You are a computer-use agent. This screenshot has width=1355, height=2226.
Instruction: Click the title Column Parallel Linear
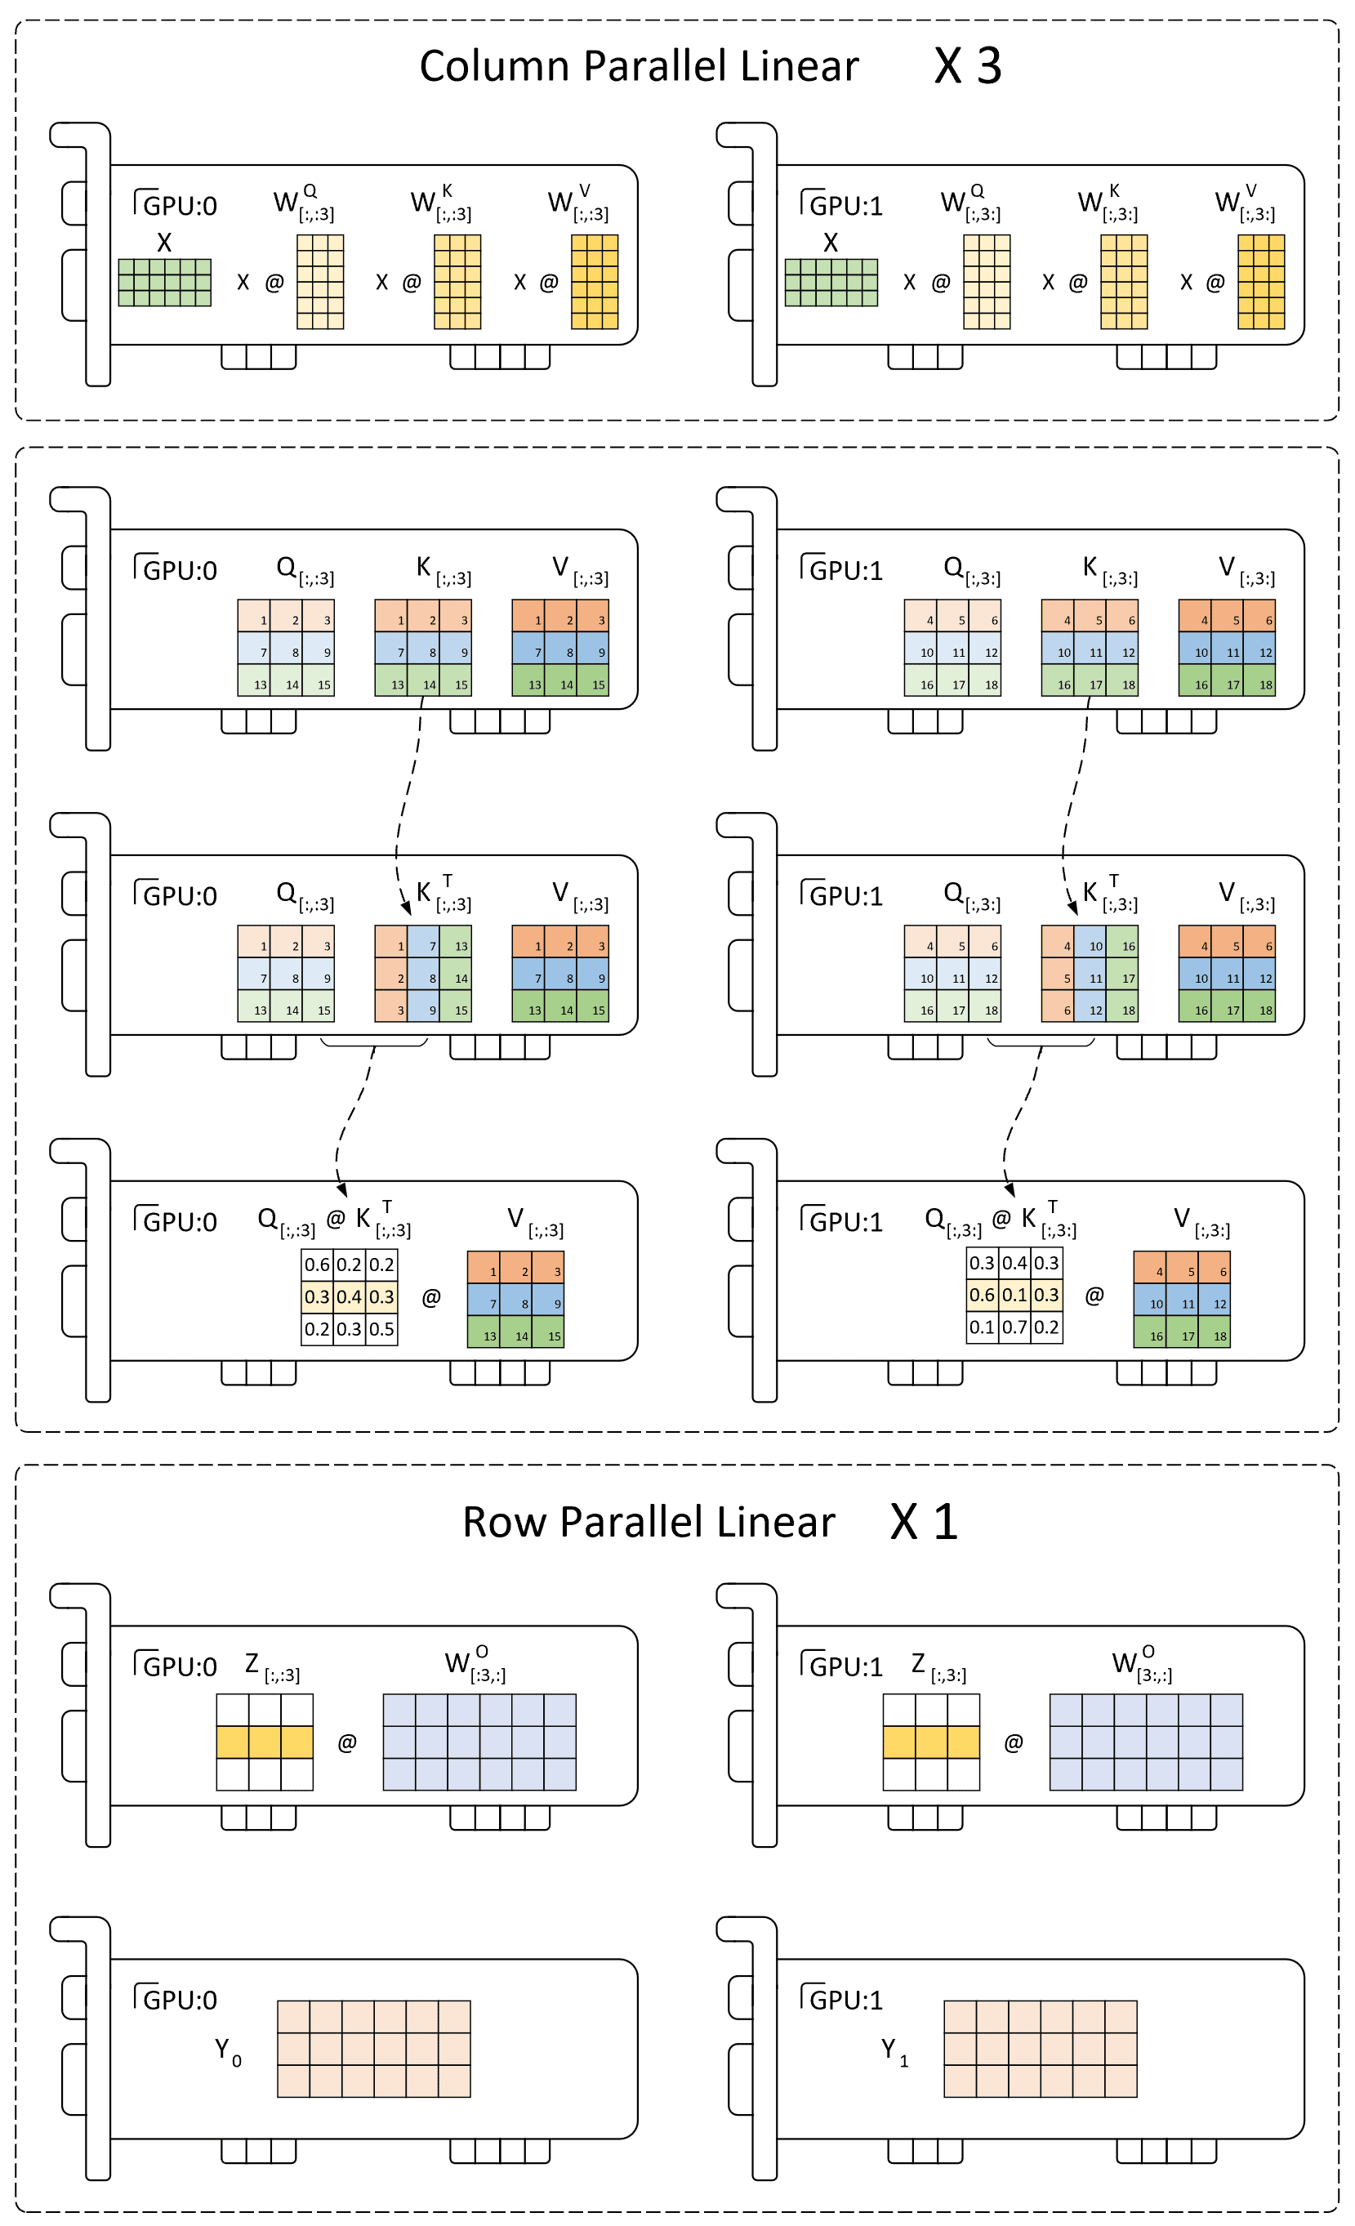pyautogui.click(x=639, y=66)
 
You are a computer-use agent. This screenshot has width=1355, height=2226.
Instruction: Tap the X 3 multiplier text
pyautogui.click(x=968, y=66)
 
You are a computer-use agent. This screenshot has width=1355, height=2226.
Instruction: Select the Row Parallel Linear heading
pyautogui.click(x=649, y=1522)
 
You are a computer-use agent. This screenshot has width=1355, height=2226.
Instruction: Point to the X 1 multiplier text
pyautogui.click(x=923, y=1522)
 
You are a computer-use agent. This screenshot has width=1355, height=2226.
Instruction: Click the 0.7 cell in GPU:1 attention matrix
pyautogui.click(x=1014, y=1327)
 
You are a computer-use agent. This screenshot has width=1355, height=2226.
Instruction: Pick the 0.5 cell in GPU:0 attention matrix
pyautogui.click(x=381, y=1329)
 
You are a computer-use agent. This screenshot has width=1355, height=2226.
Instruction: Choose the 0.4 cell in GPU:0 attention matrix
pyautogui.click(x=349, y=1296)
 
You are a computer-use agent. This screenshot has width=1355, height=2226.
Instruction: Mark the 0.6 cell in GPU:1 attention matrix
pyautogui.click(x=982, y=1295)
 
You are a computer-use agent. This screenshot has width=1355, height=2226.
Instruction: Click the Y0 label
pyautogui.click(x=228, y=2052)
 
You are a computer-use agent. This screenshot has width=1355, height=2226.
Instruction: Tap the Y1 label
pyautogui.click(x=894, y=2052)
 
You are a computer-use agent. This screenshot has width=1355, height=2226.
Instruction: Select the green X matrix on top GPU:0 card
pyautogui.click(x=164, y=283)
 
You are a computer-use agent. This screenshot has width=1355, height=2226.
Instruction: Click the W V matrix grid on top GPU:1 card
pyautogui.click(x=1261, y=282)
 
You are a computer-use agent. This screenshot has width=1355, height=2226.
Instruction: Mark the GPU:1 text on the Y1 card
pyautogui.click(x=842, y=1998)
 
